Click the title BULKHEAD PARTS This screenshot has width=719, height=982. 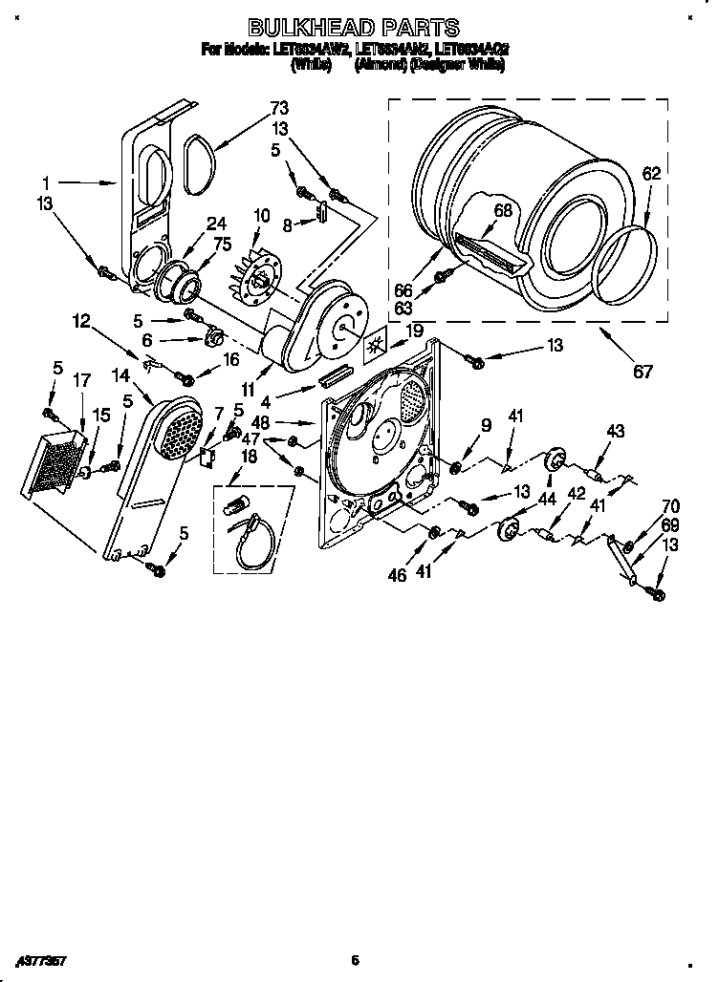353,28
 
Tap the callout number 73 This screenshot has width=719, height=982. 278,107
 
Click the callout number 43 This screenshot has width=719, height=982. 615,432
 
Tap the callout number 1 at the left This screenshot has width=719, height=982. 45,181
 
